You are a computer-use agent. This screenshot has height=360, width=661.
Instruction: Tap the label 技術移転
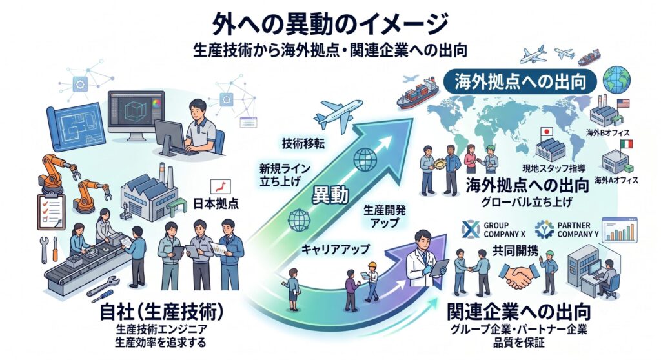click(x=303, y=144)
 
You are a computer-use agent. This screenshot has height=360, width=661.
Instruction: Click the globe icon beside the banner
click(x=616, y=79)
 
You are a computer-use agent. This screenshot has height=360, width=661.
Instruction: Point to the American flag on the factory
click(x=623, y=103)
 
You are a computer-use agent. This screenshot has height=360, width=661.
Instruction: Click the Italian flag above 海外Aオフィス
click(x=626, y=144)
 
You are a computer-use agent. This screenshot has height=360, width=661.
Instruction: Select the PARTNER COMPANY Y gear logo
click(x=544, y=229)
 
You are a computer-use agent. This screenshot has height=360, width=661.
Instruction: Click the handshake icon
click(x=520, y=275)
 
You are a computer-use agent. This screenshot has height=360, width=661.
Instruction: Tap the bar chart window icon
click(x=620, y=230)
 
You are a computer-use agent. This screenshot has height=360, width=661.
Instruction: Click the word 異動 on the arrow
click(x=330, y=195)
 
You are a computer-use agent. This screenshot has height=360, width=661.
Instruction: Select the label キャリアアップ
click(x=335, y=250)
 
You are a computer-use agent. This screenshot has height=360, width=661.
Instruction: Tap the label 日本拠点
click(x=216, y=204)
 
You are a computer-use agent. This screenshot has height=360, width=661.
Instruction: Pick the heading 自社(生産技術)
click(x=161, y=312)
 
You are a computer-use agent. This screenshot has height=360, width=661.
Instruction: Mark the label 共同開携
click(x=515, y=251)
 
